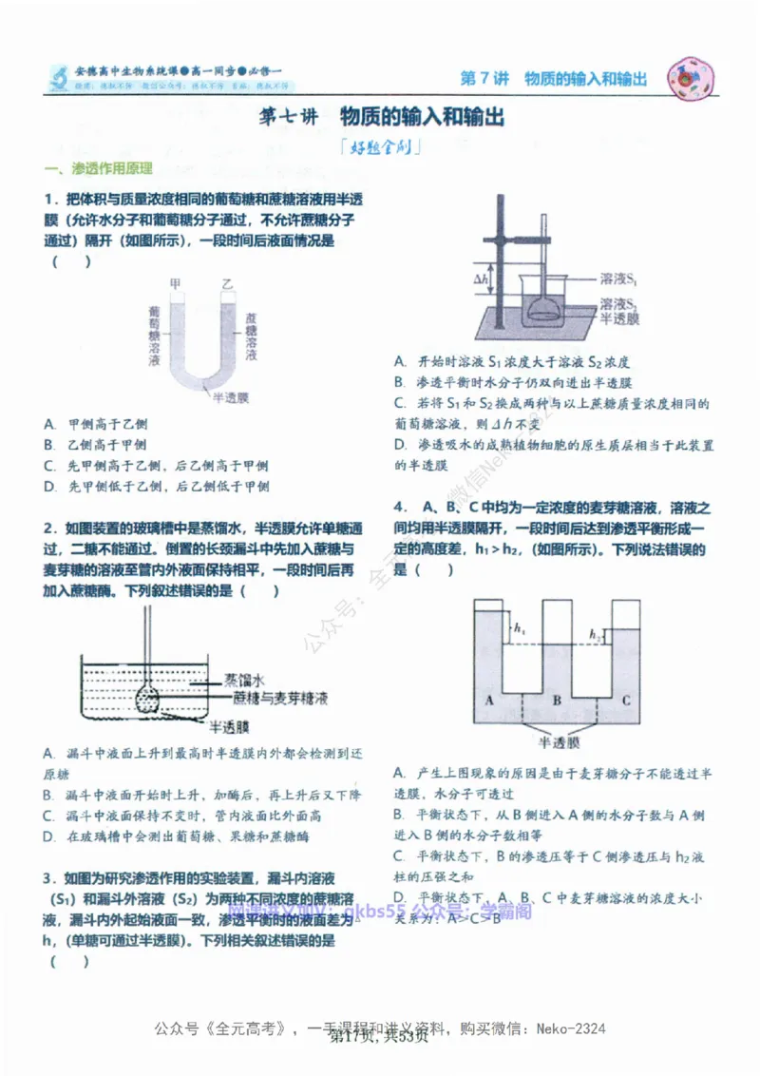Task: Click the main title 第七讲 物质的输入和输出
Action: [x=381, y=118]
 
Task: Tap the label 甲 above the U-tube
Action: [x=175, y=283]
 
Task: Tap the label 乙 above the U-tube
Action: [x=227, y=283]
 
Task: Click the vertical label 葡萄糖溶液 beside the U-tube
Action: [x=154, y=336]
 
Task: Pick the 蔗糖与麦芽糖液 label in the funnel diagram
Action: [x=280, y=698]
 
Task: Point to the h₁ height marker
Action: [x=519, y=629]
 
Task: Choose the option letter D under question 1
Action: [x=48, y=487]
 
